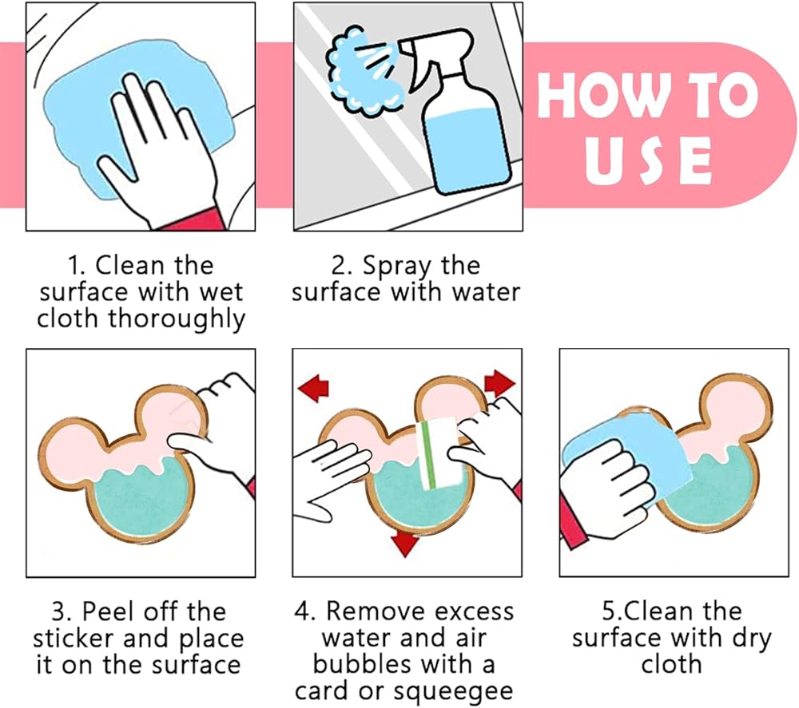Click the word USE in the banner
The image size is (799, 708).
point(648,160)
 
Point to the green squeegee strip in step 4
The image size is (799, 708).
point(428,454)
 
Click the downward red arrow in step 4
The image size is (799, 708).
point(404,544)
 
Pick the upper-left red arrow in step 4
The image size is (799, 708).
point(313,389)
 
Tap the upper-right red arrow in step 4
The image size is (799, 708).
point(499,383)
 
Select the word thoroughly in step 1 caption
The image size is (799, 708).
point(177,319)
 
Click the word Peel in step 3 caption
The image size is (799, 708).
point(109,611)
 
